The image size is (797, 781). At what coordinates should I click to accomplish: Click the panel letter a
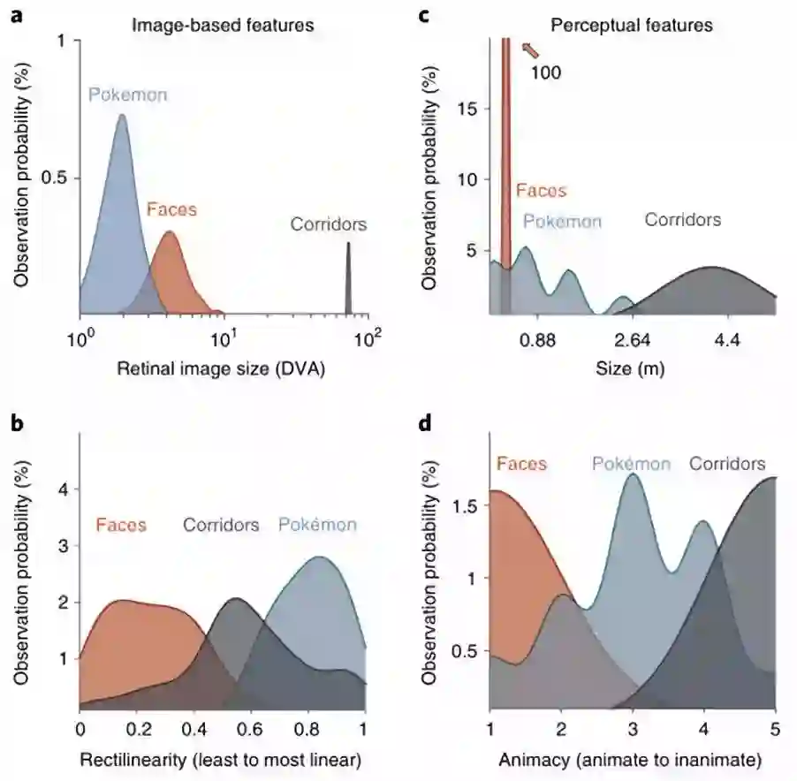17,15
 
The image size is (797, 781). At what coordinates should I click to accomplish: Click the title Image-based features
223,25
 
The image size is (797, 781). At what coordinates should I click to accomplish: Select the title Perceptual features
631,25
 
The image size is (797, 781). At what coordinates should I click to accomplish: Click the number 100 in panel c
546,72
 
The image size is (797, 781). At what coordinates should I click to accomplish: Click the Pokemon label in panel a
127,95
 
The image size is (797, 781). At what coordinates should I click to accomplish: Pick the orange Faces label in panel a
171,210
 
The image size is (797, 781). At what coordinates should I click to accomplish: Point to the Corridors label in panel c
682,219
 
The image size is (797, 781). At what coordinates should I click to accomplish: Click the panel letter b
17,422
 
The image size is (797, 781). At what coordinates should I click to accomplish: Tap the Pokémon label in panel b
317,525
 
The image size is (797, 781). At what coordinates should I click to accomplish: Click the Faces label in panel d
521,463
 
